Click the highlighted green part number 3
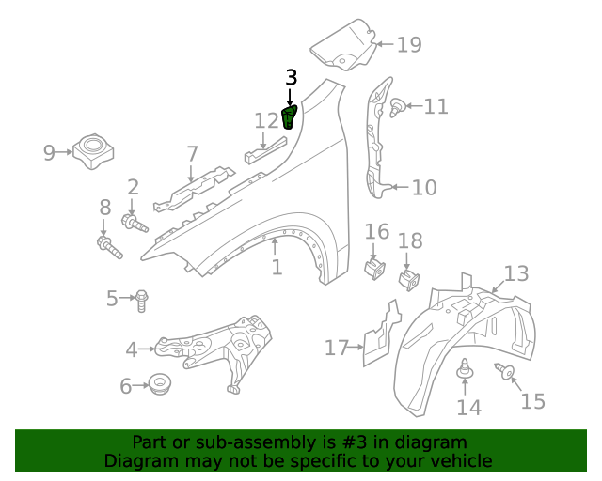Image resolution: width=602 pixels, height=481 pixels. (289, 117)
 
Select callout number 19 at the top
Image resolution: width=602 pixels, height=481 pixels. (408, 44)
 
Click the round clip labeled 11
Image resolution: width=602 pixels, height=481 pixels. (397, 107)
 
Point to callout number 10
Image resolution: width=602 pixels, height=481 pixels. (423, 188)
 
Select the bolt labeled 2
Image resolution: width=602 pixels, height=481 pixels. (135, 224)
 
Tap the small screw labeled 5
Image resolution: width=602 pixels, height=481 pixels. (142, 301)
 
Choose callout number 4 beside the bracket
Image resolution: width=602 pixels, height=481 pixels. (132, 350)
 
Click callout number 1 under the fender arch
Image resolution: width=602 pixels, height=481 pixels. (277, 268)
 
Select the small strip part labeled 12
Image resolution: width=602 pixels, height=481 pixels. (266, 147)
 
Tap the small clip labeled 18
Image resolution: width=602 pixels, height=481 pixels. (409, 279)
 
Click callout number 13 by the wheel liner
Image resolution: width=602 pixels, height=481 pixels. (515, 273)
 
